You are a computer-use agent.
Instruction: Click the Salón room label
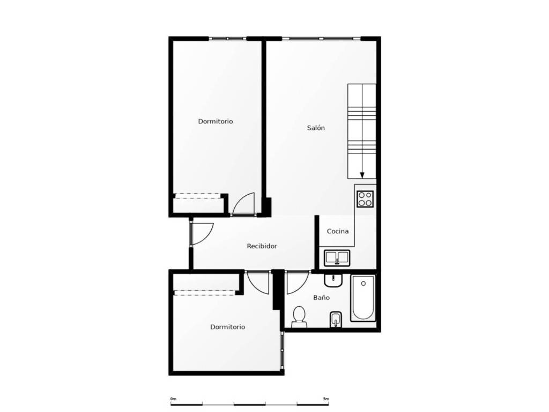(316, 128)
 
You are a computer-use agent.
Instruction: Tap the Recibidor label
(262, 246)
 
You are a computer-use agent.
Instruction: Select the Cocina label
(338, 231)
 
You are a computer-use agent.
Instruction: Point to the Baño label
(322, 297)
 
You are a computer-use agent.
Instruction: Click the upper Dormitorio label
(216, 122)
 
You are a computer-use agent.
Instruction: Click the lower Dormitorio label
(227, 327)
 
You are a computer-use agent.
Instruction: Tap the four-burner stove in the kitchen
(365, 199)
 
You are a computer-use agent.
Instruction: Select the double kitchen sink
(337, 258)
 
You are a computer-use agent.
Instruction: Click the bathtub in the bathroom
(363, 298)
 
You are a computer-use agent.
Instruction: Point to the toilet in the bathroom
(299, 318)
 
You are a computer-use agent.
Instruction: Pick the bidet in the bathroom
(336, 320)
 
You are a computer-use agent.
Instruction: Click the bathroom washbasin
(333, 281)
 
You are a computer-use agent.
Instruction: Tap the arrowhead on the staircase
(362, 175)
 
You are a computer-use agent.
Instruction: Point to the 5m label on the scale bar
(326, 399)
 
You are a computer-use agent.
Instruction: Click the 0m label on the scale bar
(173, 399)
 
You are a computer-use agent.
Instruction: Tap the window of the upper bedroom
(228, 38)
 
